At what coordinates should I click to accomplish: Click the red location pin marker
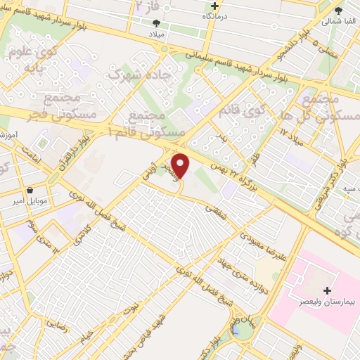click(x=181, y=166)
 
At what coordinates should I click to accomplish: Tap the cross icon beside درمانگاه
click(x=205, y=6)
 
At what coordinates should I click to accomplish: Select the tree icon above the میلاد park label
click(x=156, y=23)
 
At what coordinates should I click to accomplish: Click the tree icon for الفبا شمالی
click(x=340, y=11)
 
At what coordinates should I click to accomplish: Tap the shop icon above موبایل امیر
click(x=30, y=191)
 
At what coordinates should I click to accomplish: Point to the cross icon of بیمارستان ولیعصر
click(x=326, y=290)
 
